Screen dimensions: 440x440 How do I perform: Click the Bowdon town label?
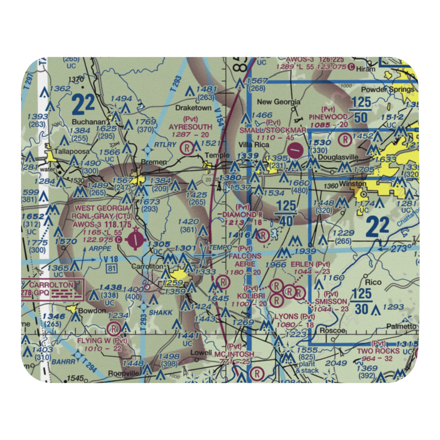coord(92,311)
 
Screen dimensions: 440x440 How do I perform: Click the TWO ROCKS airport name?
coord(378,351)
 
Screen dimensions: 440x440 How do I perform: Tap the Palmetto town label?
coord(401,326)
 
